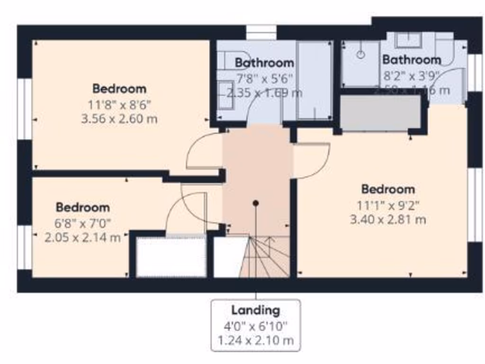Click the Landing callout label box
coord(256,325)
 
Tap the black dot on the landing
coord(256,203)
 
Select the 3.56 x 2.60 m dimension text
coord(119,118)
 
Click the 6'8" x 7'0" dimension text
coord(83,222)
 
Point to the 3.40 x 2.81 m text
coord(387,219)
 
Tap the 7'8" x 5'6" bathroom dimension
coord(264,78)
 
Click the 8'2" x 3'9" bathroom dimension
coord(411,75)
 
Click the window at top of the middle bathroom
coord(261,32)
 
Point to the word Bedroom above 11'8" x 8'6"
coord(119,89)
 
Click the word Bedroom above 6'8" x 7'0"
coord(83,207)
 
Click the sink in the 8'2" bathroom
coord(408,40)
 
